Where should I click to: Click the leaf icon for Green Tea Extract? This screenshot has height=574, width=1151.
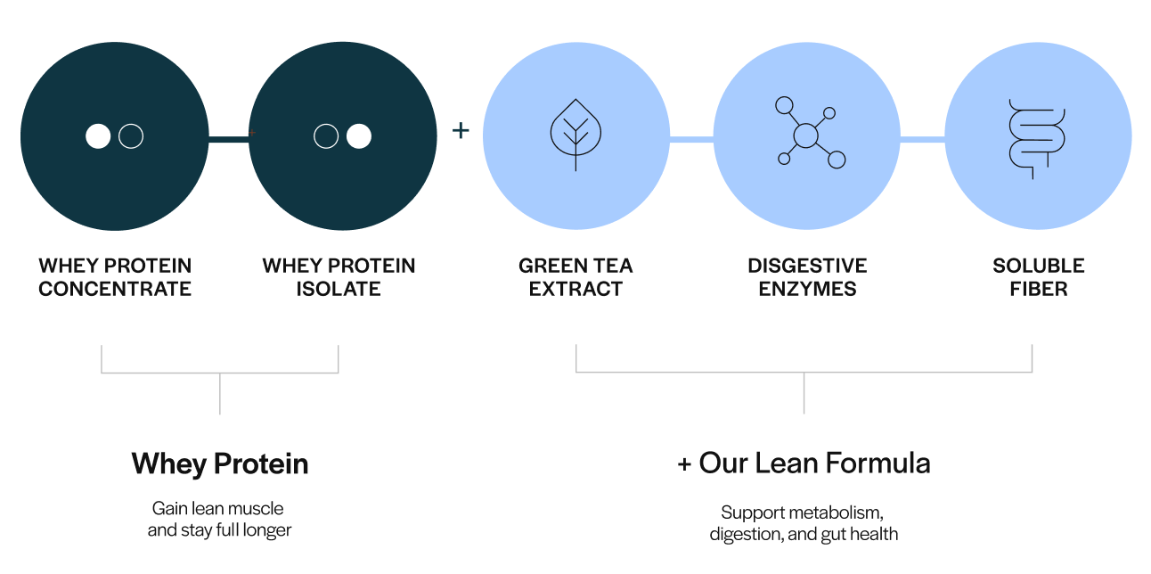pos(575,135)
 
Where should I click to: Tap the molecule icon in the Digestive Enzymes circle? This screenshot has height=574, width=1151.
pos(807,135)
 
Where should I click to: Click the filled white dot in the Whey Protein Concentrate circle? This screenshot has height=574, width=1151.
pos(98,136)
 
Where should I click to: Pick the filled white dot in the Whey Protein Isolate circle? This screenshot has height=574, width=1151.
pos(358,136)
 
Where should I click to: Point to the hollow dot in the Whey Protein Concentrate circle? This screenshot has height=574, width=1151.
pos(131,136)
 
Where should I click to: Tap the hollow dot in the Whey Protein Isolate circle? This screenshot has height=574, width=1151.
pos(326,136)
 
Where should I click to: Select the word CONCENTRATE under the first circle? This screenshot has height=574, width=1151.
pos(115,290)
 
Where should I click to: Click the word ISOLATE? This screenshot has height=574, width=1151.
pos(339,290)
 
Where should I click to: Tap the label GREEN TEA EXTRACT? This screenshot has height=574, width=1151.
pos(575,277)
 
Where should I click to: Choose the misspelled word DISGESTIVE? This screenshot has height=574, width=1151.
pos(806,266)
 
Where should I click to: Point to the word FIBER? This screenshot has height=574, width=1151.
pos(1038,290)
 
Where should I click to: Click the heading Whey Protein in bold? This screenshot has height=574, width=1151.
pos(220,464)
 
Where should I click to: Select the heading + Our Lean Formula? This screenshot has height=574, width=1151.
pos(804,463)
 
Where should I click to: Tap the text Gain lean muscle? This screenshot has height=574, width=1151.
pos(218,509)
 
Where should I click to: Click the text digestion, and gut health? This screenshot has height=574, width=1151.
pos(804,535)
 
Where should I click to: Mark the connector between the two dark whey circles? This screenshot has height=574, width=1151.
pos(229,137)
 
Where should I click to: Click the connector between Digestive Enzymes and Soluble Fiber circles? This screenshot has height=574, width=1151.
pos(922,139)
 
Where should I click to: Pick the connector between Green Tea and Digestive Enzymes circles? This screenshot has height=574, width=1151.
pos(691,139)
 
